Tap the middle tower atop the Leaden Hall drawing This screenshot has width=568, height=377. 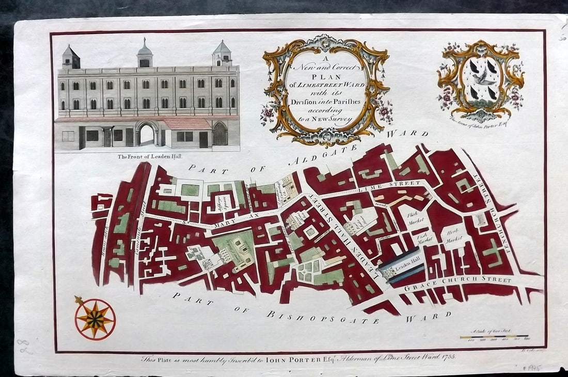coord(145,54)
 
